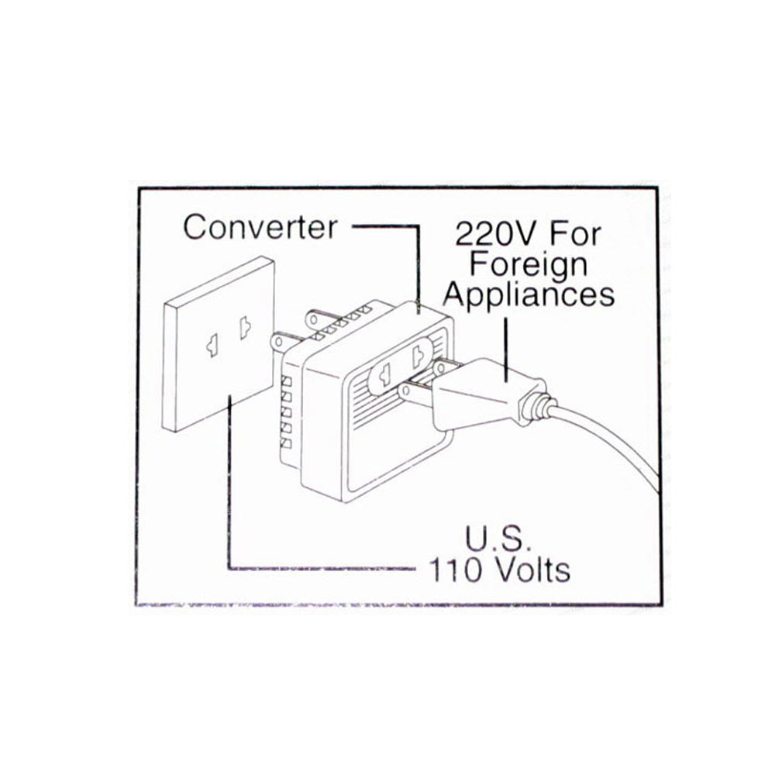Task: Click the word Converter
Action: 260,227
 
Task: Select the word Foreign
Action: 529,263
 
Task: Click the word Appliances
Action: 533,294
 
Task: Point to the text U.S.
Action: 497,539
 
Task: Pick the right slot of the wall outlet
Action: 244,328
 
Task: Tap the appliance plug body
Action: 480,391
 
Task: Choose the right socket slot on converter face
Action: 418,356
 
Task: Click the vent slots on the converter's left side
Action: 286,412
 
